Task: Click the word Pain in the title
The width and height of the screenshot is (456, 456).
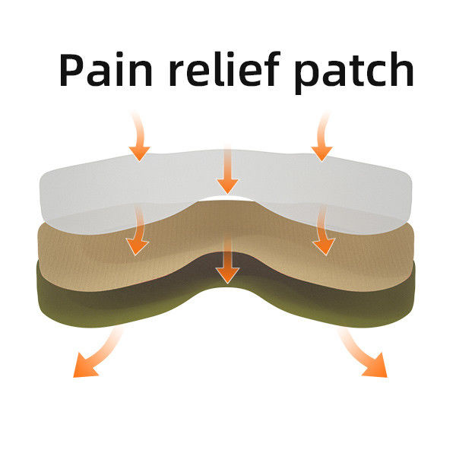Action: (106, 69)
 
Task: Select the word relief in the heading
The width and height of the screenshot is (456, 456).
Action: (224, 68)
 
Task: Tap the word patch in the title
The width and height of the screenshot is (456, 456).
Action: (354, 73)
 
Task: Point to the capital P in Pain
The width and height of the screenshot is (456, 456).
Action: (72, 70)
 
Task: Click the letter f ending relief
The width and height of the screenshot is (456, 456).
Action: (271, 68)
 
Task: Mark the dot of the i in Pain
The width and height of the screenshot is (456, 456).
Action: (119, 55)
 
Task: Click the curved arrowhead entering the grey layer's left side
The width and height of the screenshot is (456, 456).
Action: (140, 153)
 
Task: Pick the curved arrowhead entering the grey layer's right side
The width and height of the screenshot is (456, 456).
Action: (322, 153)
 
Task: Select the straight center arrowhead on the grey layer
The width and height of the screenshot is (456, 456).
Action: (227, 185)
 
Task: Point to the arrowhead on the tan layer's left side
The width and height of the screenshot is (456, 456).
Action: (137, 246)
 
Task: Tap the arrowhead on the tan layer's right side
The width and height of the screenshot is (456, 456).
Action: (325, 246)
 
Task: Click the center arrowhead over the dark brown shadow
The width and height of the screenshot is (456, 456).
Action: (227, 275)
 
